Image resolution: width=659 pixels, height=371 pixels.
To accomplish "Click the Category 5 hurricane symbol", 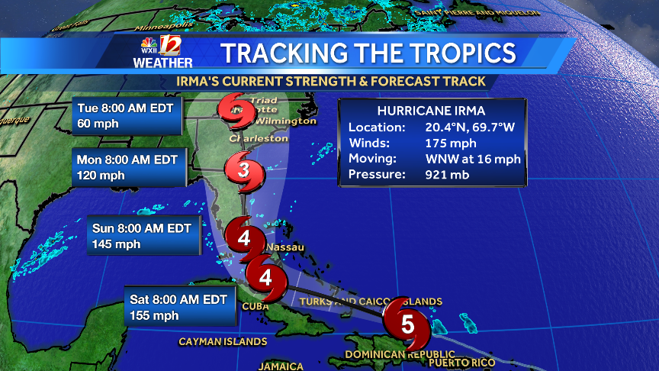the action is pos(407,324).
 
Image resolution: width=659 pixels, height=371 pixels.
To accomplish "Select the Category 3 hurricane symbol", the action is pos(243,170).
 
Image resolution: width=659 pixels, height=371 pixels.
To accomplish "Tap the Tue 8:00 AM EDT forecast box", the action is pos(129,115).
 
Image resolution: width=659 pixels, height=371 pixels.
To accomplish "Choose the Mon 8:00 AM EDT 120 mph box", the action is pos(130,167).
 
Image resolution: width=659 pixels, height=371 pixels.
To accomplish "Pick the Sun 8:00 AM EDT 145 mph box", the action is pos(145,236).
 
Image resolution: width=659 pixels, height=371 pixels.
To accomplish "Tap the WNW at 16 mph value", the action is pos(473,159).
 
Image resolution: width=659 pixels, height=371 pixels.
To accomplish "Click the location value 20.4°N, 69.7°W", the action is pos(469,127).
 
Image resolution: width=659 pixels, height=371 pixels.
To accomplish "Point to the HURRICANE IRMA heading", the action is pos(432,110).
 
